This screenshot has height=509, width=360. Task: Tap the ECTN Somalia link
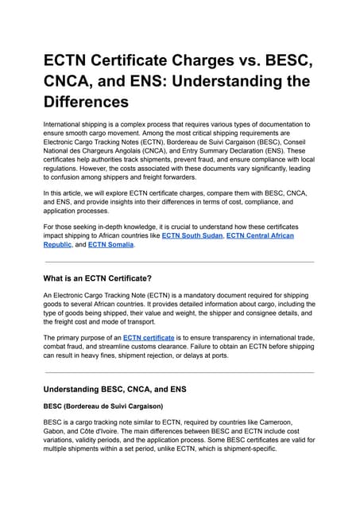(112, 245)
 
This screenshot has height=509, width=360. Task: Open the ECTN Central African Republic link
(260, 236)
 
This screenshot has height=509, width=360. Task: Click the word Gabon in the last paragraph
(55, 431)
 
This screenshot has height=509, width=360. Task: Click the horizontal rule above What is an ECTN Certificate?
(180, 262)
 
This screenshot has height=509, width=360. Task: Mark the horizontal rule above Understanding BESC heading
(180, 372)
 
